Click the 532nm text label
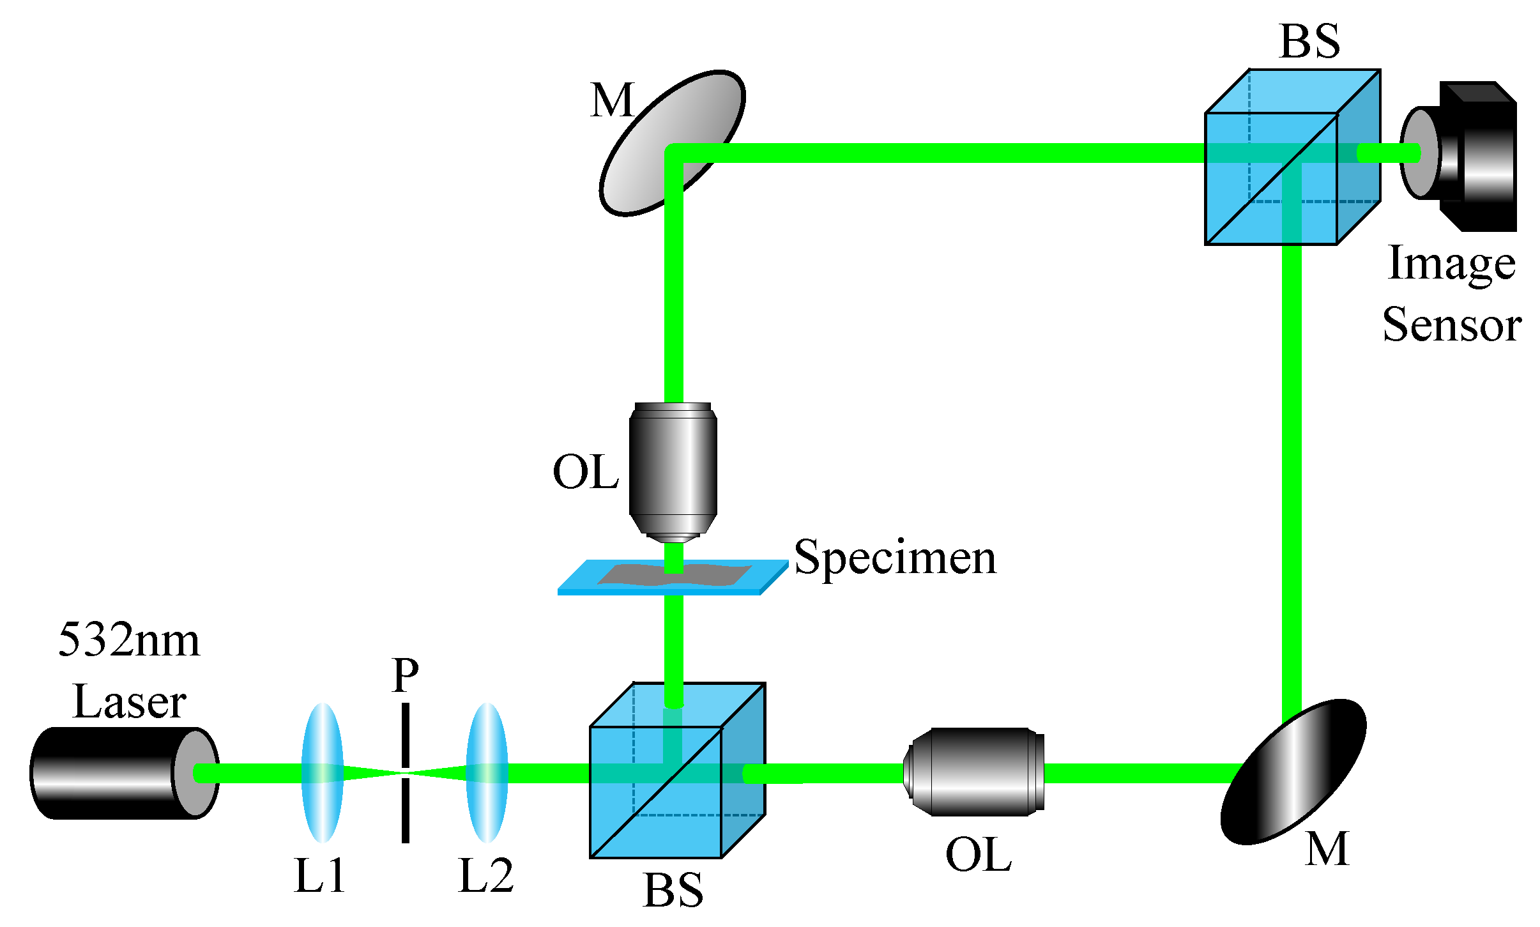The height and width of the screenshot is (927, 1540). click(x=129, y=640)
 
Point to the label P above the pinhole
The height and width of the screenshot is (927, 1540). click(x=406, y=675)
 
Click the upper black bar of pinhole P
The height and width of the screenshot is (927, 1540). click(x=406, y=735)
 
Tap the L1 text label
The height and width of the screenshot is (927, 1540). click(x=320, y=875)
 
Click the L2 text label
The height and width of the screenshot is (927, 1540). click(x=485, y=875)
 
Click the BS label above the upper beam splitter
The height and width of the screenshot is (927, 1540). click(x=1309, y=42)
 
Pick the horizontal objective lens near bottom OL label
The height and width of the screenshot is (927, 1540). click(x=974, y=772)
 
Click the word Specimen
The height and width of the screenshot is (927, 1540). click(x=894, y=558)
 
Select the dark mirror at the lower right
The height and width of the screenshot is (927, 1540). click(x=1293, y=772)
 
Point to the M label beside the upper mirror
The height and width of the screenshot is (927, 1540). click(x=612, y=100)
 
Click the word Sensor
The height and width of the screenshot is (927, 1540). click(x=1452, y=325)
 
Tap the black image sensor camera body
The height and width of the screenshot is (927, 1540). click(x=1482, y=157)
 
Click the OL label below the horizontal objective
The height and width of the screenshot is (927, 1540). click(x=979, y=854)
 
